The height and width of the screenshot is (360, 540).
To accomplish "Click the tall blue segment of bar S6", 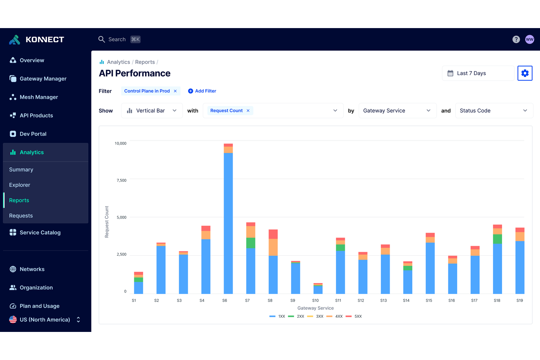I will pos(228,222).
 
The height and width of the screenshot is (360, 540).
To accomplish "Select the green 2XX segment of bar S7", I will pos(251,243).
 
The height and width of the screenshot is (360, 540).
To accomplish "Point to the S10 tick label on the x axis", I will pos(315,301).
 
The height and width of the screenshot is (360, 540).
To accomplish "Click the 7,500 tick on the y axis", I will pos(121,181).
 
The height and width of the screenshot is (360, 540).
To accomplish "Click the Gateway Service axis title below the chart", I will pos(315,308).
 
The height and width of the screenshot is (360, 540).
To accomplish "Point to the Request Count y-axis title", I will pos(107,222).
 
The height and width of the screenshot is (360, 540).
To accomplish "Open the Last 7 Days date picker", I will pos(478,73).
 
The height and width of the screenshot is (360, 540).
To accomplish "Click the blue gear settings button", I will pos(525,73).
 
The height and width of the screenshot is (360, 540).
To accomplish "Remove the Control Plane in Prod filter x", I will pos(175,91).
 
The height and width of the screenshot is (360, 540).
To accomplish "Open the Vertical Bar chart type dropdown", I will pos(152,111).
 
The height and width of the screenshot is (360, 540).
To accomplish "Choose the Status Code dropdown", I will pos(494,111).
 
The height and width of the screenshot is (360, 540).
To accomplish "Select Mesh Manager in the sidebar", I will pos(39,97).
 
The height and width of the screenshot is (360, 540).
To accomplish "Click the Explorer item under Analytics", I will pos(20,185).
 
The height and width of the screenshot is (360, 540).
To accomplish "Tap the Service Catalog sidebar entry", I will pos(40,233).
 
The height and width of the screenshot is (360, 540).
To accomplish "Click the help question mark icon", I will pos(516,39).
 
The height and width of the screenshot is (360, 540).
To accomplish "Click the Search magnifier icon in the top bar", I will pos(101,39).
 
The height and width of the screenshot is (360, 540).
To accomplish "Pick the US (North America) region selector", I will pos(45,320).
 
